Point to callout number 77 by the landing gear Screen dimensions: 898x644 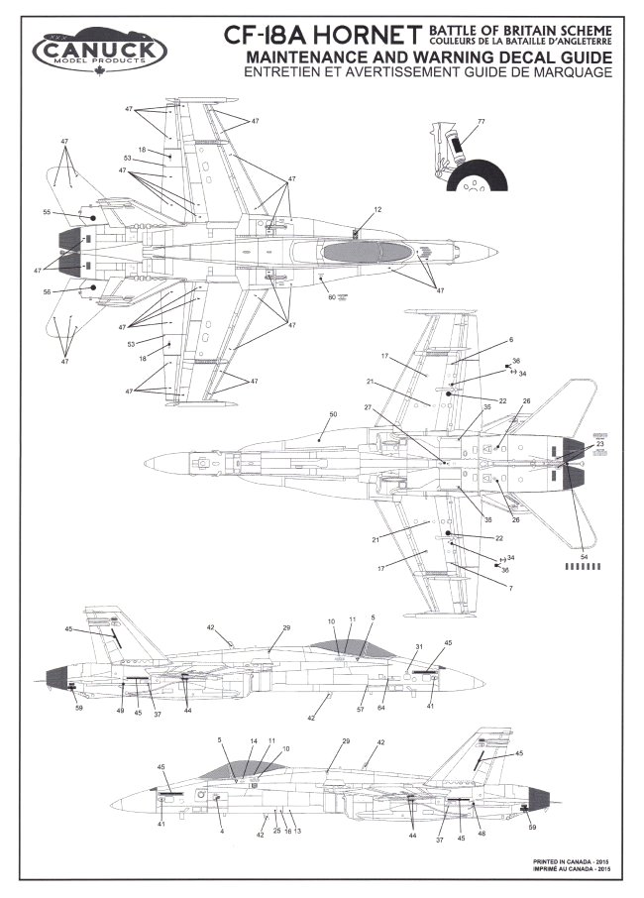point(481,122)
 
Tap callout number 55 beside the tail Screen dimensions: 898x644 point(47,212)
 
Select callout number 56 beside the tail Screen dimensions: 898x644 point(47,292)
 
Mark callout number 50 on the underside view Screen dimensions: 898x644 point(333,412)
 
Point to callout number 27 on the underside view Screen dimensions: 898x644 point(367,407)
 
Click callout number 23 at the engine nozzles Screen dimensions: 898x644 point(599,443)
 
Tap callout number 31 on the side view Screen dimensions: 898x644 point(419,647)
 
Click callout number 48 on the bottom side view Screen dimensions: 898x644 point(482,833)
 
